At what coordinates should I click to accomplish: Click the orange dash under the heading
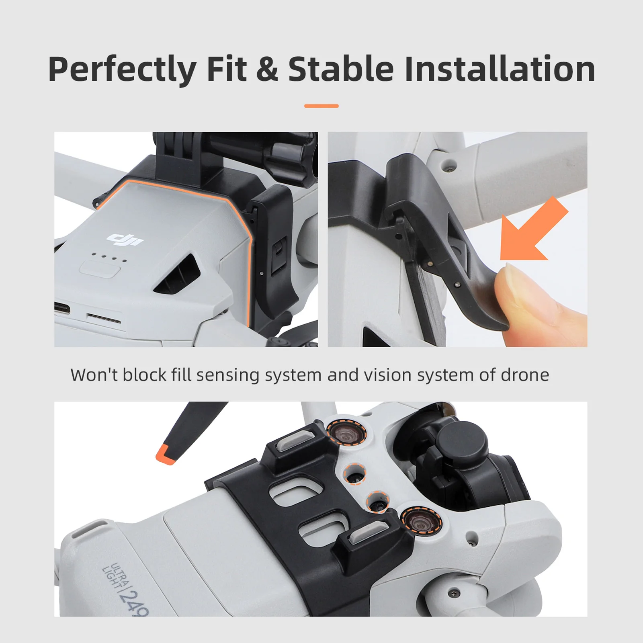(321, 106)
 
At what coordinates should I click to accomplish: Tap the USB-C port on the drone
(62, 309)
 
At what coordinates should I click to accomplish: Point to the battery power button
(100, 268)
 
